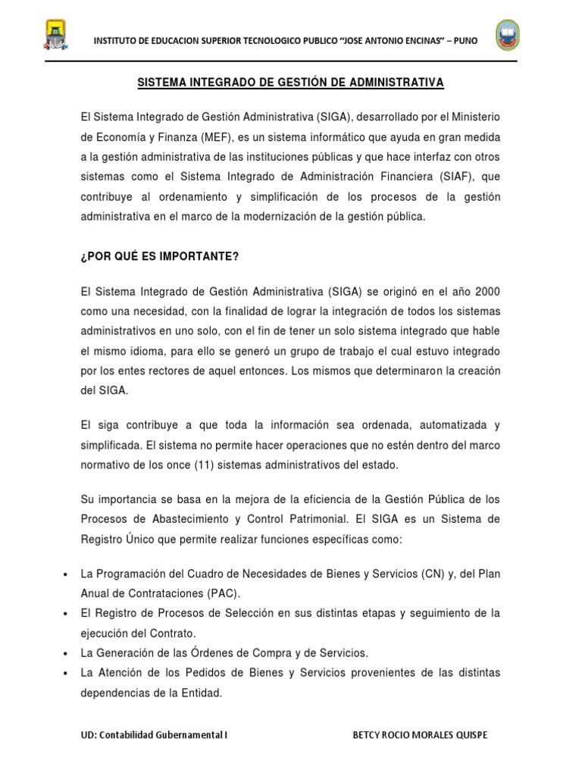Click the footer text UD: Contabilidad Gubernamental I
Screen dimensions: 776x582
[x=154, y=735]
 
